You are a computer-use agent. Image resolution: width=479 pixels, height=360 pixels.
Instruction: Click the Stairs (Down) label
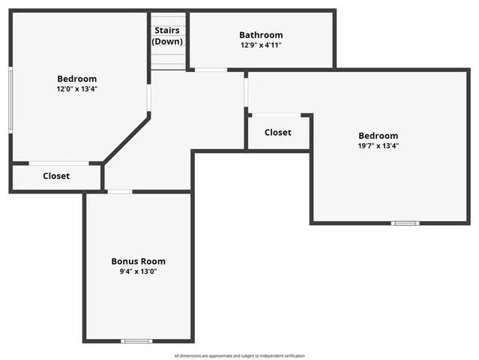[167, 36]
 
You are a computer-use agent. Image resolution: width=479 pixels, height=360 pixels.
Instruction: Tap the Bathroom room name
[261, 34]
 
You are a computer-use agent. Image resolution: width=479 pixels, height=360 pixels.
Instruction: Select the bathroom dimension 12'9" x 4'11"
[261, 45]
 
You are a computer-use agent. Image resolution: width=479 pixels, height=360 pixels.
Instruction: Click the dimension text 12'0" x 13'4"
[76, 88]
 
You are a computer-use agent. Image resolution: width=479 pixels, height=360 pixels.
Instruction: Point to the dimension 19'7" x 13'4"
[378, 145]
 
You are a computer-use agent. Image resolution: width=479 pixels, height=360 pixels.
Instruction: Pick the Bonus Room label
[138, 261]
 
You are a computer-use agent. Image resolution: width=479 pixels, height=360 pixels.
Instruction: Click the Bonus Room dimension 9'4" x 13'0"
[138, 271]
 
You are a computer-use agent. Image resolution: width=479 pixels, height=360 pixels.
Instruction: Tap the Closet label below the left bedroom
[56, 175]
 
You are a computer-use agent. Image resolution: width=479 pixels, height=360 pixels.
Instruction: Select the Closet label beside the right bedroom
[277, 132]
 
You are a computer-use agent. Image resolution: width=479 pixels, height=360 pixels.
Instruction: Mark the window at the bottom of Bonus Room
[136, 341]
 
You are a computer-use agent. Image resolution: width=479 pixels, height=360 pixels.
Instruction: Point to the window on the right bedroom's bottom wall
[406, 223]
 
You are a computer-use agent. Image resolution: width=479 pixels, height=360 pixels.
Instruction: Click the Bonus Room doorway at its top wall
[120, 192]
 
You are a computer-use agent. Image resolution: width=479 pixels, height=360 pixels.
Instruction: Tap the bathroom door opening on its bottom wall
[211, 70]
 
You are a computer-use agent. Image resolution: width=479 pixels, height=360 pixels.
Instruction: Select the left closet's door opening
[58, 163]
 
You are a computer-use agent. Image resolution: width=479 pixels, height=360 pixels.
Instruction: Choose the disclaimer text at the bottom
[239, 355]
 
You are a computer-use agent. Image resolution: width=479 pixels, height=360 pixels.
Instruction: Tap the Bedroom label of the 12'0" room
[76, 79]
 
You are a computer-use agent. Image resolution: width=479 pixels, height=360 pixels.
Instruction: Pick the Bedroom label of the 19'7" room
[378, 136]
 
